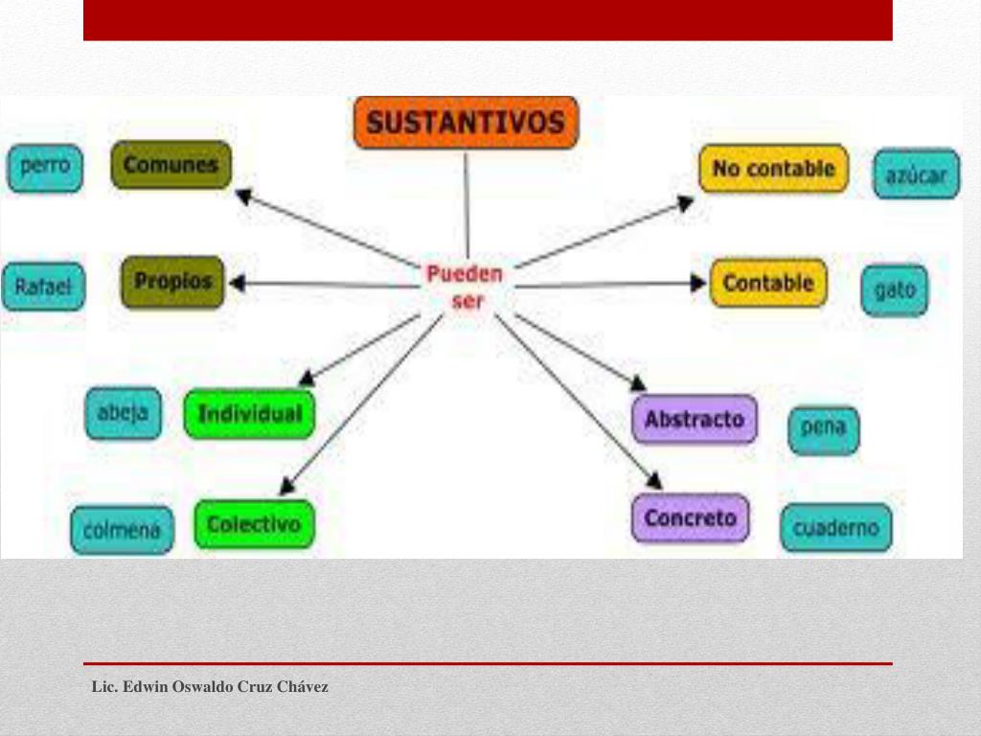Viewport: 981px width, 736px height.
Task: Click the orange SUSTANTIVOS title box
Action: (466, 123)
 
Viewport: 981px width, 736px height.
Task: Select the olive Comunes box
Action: (171, 165)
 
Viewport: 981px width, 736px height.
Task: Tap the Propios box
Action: (173, 282)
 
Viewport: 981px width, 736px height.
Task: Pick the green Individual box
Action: (249, 414)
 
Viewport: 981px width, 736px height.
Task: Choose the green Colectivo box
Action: (254, 524)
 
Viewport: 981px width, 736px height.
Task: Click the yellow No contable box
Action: (773, 169)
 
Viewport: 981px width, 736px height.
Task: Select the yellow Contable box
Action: (768, 284)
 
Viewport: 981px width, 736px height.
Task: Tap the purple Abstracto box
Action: (695, 420)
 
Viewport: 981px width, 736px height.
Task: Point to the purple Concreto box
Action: (691, 518)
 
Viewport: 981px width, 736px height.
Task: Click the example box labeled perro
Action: (45, 167)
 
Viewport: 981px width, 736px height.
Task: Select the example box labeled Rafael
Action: (43, 287)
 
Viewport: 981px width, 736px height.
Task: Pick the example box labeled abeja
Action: (123, 413)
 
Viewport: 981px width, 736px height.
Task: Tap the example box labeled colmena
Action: (122, 530)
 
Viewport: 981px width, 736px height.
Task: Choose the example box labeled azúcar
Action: (916, 174)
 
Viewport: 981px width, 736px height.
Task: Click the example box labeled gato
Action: (895, 289)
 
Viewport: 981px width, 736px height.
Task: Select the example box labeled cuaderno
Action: (835, 528)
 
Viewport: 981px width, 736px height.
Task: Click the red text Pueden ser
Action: (465, 287)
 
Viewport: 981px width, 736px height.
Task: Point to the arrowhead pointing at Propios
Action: (237, 284)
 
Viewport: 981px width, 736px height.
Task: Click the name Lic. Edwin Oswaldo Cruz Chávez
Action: (210, 687)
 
